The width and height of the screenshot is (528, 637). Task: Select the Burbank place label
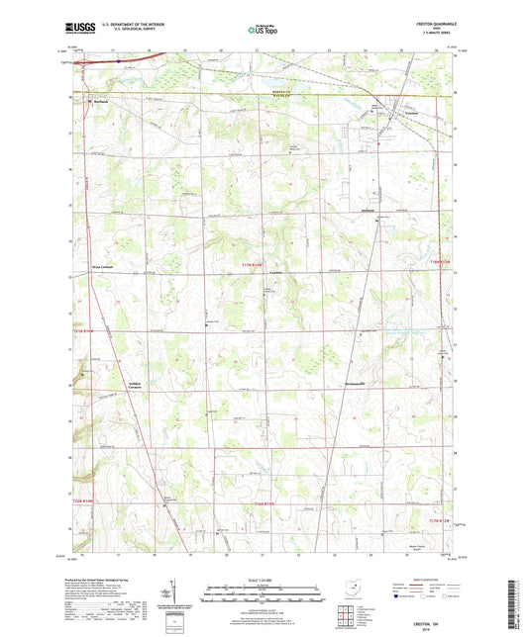click(x=99, y=101)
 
